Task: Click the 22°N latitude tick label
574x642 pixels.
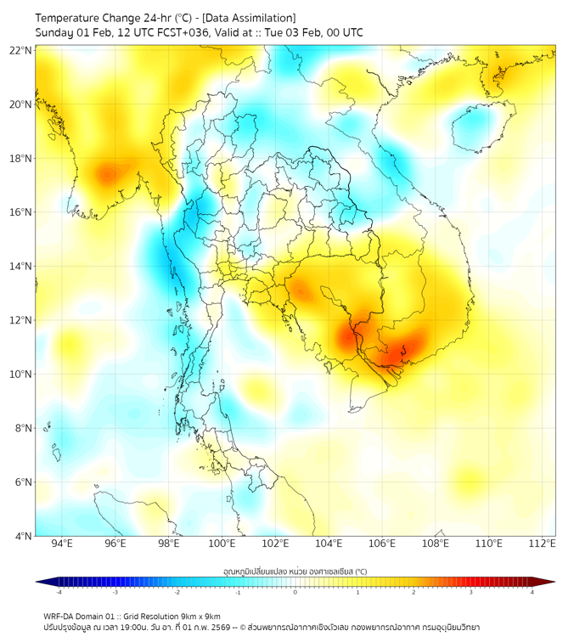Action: click(21, 50)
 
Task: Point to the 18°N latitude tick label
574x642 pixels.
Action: click(21, 158)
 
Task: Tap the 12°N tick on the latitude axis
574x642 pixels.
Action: click(21, 320)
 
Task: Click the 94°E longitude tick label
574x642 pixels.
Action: click(62, 543)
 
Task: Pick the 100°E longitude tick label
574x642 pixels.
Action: click(222, 543)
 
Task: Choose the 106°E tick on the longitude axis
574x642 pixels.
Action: click(383, 543)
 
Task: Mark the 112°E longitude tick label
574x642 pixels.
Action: click(543, 543)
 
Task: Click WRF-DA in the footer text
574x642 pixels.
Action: click(59, 616)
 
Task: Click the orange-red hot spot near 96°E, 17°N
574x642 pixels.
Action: click(106, 174)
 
